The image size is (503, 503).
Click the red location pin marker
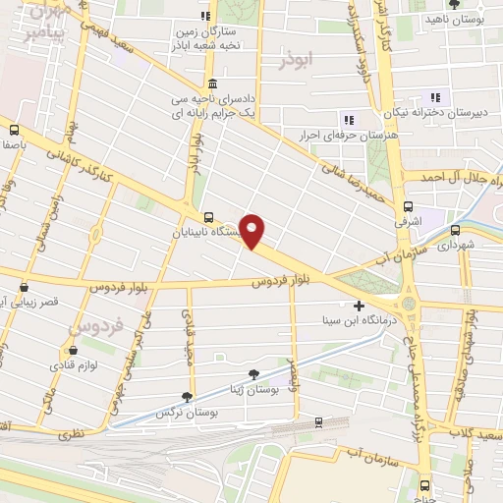(253, 231)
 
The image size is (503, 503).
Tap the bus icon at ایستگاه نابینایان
(207, 217)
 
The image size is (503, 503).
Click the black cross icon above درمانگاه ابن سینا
(360, 306)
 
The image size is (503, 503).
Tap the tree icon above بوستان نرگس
(186, 396)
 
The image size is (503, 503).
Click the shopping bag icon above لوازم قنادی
(71, 348)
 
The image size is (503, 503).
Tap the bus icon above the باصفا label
(15, 129)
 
